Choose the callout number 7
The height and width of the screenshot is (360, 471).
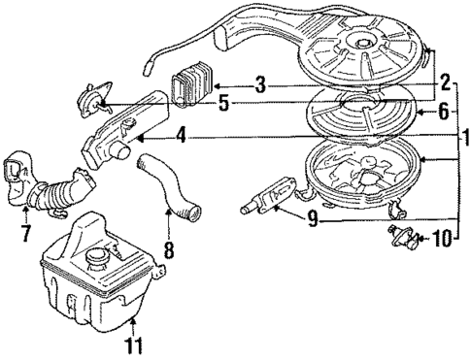click(x=23, y=235)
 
